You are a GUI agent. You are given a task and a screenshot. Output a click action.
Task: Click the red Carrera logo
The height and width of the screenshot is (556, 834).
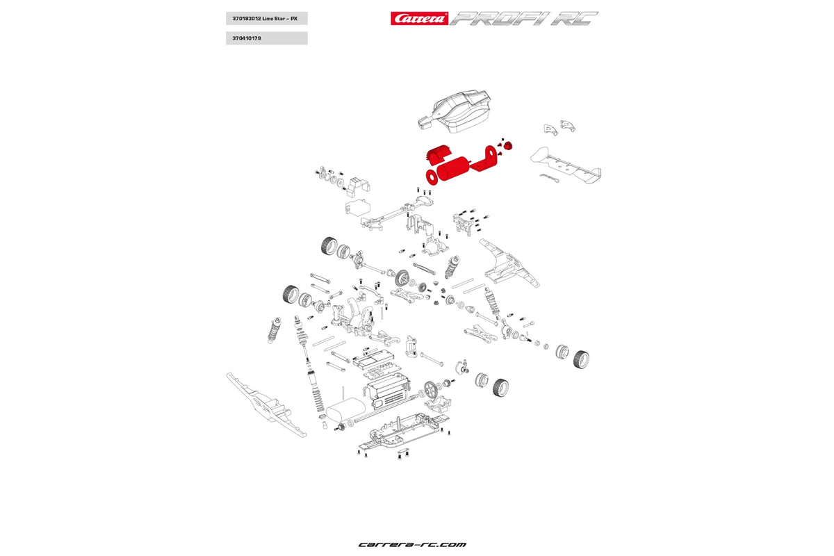419,18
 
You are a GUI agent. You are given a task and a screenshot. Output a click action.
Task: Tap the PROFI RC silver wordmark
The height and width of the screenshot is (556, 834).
523,18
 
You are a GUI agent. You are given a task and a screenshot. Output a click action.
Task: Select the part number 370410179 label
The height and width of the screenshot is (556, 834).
247,38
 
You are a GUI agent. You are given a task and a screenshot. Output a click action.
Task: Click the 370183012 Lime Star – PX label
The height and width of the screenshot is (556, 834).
265,19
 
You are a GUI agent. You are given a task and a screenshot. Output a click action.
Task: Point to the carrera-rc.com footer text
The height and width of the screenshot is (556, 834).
412,544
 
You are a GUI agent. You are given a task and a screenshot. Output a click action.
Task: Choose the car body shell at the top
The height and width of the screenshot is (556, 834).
455,111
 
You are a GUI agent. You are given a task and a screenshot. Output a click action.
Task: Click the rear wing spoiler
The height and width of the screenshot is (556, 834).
566,165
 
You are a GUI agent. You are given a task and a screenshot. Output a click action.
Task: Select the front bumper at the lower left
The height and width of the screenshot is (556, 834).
265,404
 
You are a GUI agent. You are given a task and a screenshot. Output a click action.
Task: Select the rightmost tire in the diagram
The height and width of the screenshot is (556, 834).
581,359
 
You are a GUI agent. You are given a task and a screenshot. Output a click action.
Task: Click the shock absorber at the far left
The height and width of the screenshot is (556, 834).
274,330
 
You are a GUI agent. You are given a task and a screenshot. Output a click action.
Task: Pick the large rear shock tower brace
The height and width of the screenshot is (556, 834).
509,263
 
